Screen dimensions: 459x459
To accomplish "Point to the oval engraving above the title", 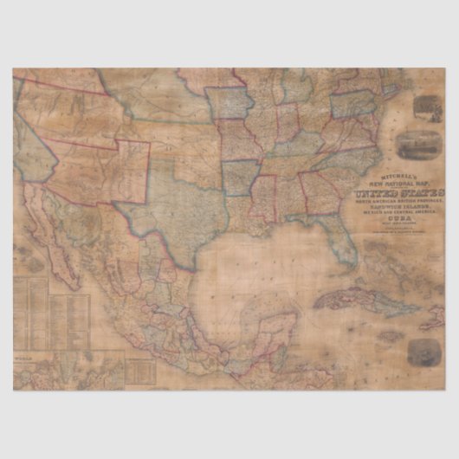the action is tap(413, 141).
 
